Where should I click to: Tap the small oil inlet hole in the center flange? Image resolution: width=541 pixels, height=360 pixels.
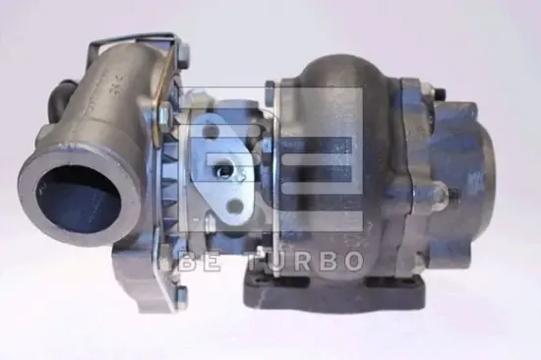click(229, 173)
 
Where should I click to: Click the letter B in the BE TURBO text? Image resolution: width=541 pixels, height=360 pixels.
click(186, 261)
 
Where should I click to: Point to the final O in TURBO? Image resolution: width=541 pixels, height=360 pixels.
click(352, 261)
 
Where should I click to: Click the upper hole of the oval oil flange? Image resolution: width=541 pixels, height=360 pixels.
click(217, 138)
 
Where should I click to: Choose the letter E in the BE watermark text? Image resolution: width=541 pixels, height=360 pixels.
click(212, 261)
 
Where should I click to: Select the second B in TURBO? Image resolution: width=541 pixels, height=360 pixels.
click(327, 261)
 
